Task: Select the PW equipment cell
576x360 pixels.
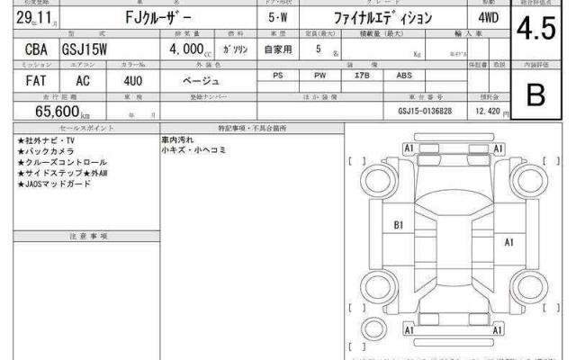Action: pyautogui.click(x=320, y=76)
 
